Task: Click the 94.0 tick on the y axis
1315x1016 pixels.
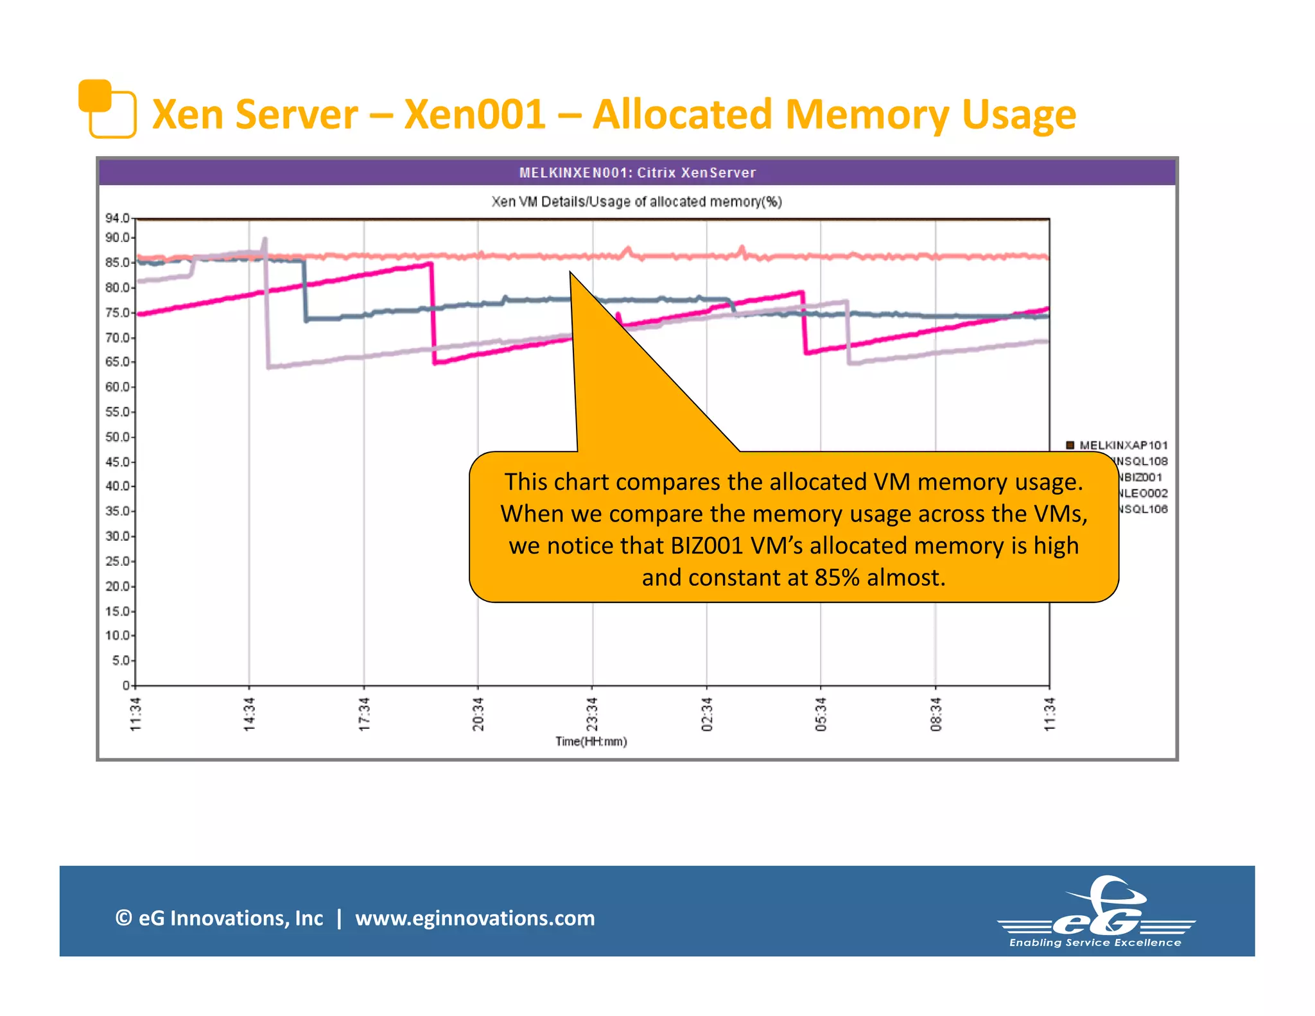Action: pyautogui.click(x=118, y=218)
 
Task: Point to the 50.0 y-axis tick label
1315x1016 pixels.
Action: pyautogui.click(x=118, y=437)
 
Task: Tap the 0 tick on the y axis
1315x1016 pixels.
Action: pyautogui.click(x=126, y=685)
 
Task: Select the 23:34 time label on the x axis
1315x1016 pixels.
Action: pyautogui.click(x=592, y=714)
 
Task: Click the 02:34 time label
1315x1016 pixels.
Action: pyautogui.click(x=707, y=714)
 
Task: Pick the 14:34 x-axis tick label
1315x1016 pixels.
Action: pyautogui.click(x=250, y=714)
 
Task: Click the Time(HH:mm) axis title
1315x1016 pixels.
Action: pyautogui.click(x=591, y=742)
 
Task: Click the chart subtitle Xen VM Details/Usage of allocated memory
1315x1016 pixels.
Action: pyautogui.click(x=636, y=202)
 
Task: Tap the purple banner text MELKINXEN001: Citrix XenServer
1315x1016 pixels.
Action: pyautogui.click(x=637, y=173)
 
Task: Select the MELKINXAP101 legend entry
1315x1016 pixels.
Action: pyautogui.click(x=1122, y=445)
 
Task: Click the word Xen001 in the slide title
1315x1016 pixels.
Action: pyautogui.click(x=475, y=114)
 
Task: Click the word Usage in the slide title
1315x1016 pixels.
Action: pyautogui.click(x=1018, y=114)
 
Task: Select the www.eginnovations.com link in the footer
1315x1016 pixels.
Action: pyautogui.click(x=475, y=918)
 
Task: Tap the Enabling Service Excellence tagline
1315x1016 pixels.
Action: pyautogui.click(x=1095, y=943)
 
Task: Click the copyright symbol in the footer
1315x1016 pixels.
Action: pyautogui.click(x=123, y=918)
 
